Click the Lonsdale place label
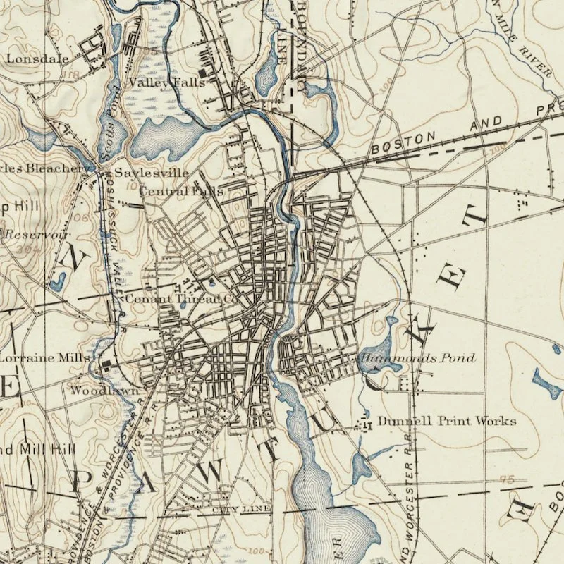click(x=30, y=59)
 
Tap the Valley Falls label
click(x=166, y=82)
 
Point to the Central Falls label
click(x=181, y=191)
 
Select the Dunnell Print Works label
click(x=447, y=422)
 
